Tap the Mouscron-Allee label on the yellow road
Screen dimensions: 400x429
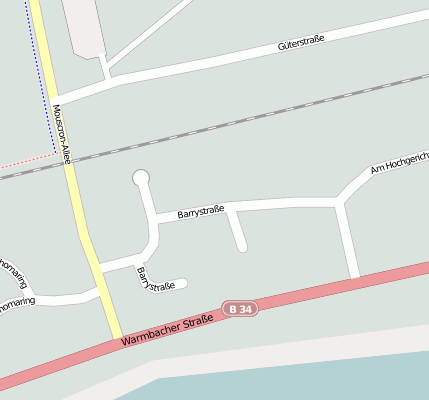coord(63,132)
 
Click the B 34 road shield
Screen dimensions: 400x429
coord(240,310)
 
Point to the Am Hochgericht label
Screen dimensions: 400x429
coord(398,164)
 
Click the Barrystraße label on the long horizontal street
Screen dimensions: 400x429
coord(200,211)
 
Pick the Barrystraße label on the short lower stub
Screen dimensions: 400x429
coord(156,281)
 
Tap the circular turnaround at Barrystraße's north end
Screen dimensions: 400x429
coord(141,178)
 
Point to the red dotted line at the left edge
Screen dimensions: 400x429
coord(25,161)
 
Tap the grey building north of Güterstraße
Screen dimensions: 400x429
coord(85,25)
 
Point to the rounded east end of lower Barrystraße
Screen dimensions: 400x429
coord(183,283)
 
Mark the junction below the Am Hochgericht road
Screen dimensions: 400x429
coord(342,202)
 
